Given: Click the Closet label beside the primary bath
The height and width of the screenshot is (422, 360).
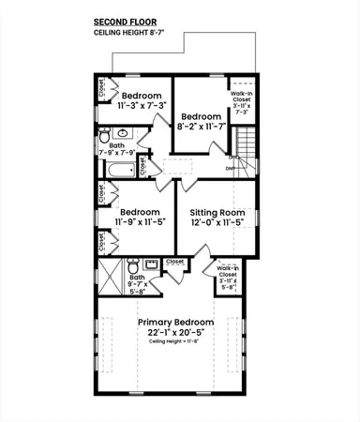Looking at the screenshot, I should pos(175,262).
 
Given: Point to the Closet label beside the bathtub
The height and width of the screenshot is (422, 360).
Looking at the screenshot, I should pos(142,166).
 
